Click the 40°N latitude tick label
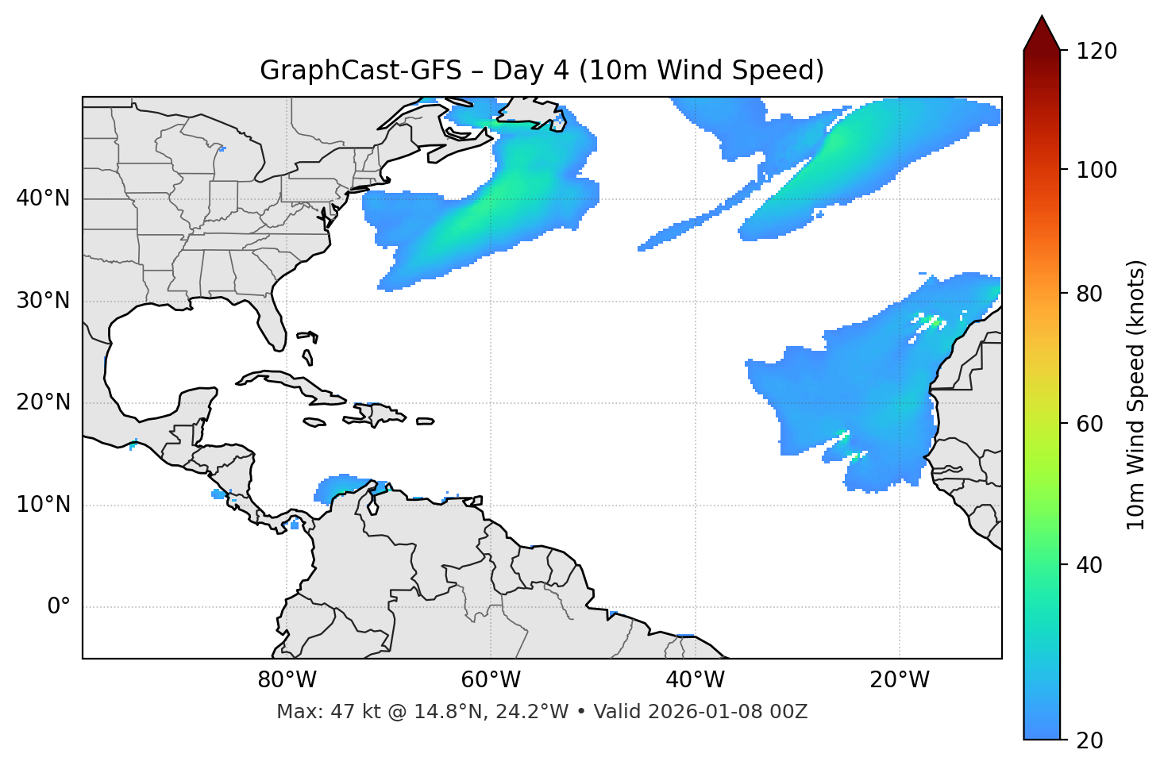(x=43, y=198)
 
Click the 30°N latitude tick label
(x=43, y=301)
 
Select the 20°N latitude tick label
(x=43, y=402)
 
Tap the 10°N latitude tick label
(x=43, y=505)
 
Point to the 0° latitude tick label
(x=59, y=607)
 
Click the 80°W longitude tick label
(x=287, y=680)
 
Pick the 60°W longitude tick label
(x=491, y=680)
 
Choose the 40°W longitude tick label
(x=695, y=680)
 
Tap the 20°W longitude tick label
(x=899, y=680)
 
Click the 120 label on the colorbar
(x=1096, y=52)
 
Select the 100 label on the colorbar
(x=1096, y=170)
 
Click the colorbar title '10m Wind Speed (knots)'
(x=1136, y=395)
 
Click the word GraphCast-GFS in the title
(x=360, y=71)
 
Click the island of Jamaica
(x=314, y=422)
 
